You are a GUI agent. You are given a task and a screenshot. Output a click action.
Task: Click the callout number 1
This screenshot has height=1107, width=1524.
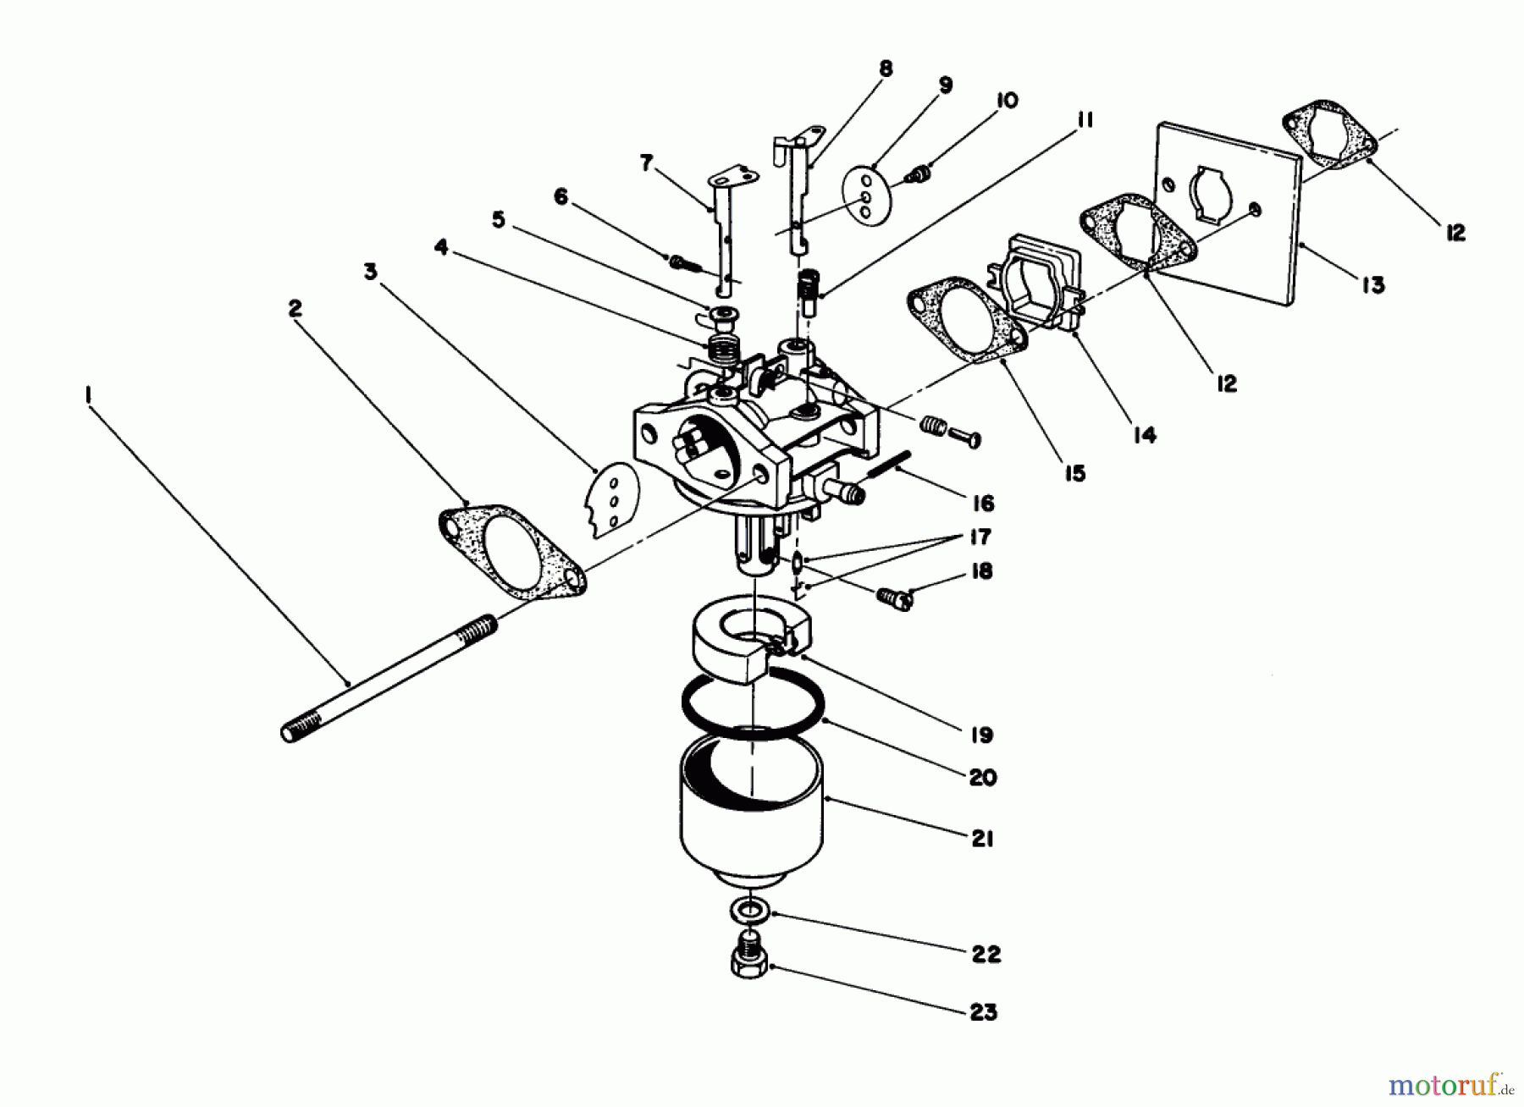[87, 395]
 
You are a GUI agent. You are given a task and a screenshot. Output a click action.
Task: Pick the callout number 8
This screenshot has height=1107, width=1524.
[886, 69]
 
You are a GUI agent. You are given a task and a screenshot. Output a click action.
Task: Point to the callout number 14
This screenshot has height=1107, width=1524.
[1143, 435]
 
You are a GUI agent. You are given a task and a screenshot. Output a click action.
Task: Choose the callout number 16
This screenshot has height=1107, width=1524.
[982, 504]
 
